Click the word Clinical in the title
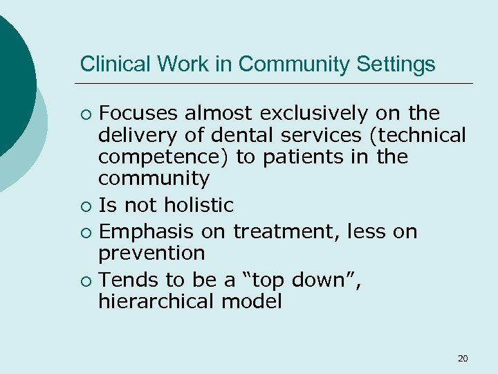[108, 64]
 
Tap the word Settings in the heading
[396, 64]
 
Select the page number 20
[463, 358]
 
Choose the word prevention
[151, 253]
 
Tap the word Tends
[124, 279]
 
